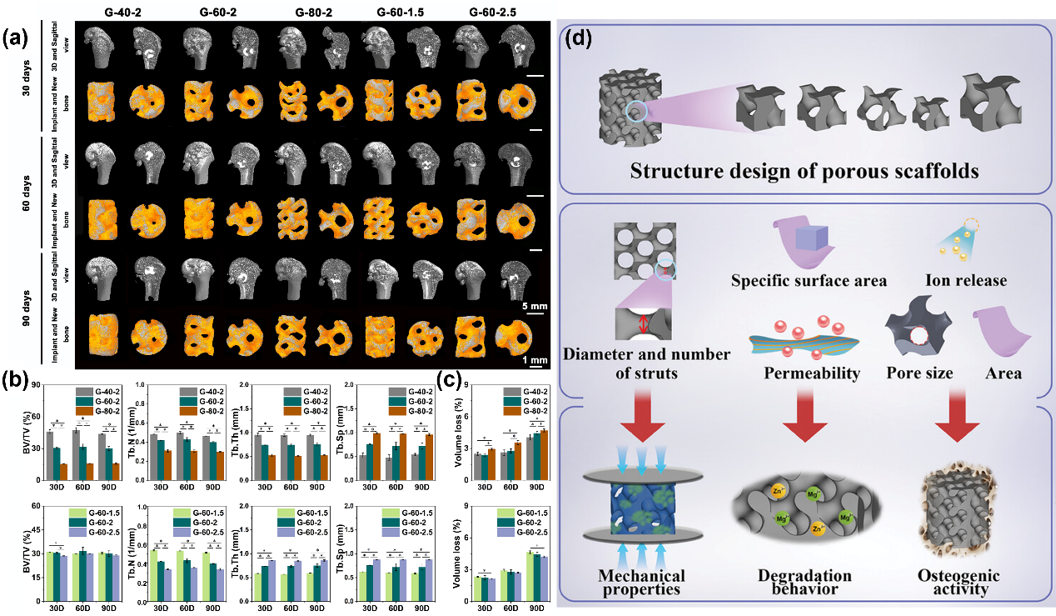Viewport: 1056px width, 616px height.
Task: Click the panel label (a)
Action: tap(19, 38)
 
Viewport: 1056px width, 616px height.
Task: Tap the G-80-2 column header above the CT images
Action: tap(317, 13)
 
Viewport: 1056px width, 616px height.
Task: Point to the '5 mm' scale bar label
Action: tap(533, 306)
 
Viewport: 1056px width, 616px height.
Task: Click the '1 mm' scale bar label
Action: tap(533, 360)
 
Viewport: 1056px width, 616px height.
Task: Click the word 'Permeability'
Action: tap(812, 373)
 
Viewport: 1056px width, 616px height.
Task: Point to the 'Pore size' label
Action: tap(919, 373)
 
